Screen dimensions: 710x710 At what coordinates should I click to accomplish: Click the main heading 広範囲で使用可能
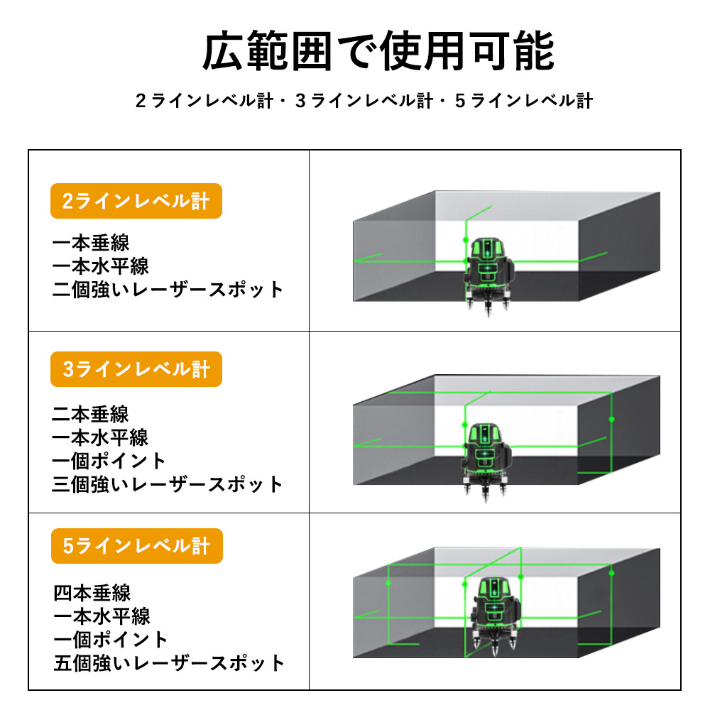point(378,50)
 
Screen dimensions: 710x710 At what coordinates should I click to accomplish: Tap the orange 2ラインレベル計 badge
point(136,201)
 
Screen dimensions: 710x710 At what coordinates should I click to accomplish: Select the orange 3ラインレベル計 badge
point(136,369)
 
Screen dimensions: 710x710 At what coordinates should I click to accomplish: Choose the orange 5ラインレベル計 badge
point(137,545)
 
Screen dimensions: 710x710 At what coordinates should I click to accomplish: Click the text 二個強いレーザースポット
point(168,290)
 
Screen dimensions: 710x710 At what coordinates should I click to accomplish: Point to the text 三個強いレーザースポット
point(168,484)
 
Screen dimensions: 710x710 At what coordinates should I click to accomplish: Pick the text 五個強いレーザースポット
point(169,663)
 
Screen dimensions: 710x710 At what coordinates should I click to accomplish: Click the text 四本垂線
point(92,593)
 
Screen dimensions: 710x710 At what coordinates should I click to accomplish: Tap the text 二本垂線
point(91,414)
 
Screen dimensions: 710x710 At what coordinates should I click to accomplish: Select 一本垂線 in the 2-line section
point(91,243)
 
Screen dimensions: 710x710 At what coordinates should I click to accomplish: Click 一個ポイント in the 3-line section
point(109,461)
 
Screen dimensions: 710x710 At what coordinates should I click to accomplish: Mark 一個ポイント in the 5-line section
point(111,640)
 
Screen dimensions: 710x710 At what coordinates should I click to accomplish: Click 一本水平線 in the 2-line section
point(101,266)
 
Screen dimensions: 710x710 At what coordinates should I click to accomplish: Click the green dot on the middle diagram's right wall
point(612,420)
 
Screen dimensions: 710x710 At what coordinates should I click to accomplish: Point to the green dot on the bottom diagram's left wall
point(388,583)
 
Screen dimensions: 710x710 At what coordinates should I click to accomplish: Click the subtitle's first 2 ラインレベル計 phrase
point(204,101)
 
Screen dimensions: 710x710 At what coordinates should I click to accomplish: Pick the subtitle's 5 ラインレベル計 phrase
point(525,101)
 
